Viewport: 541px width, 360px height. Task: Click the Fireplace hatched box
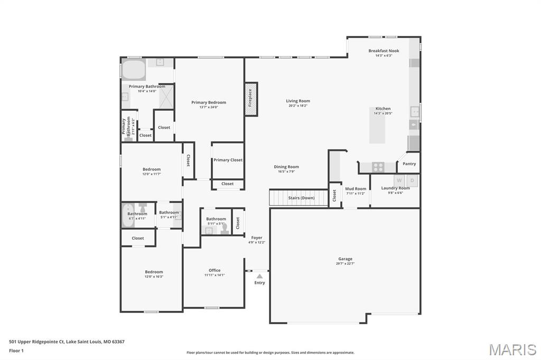click(251, 98)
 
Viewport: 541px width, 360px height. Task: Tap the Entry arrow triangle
click(259, 276)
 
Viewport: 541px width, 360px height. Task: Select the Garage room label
click(346, 259)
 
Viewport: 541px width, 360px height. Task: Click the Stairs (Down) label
click(301, 198)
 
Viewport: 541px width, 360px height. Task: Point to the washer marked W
click(399, 181)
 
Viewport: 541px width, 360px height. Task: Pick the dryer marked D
click(413, 181)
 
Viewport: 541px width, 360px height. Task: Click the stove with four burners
click(378, 167)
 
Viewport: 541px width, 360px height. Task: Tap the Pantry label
click(409, 164)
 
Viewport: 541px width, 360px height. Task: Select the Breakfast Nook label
click(384, 51)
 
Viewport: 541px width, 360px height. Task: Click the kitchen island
click(377, 125)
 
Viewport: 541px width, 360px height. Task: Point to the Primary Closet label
click(228, 160)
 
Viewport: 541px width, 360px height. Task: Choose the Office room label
click(214, 270)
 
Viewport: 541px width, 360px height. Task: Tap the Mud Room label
click(356, 188)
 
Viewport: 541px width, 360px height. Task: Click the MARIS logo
click(512, 349)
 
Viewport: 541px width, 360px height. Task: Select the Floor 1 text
click(17, 350)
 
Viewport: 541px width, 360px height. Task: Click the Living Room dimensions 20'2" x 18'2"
click(298, 106)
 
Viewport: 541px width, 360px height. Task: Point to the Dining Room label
click(286, 167)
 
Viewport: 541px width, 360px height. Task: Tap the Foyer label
click(257, 238)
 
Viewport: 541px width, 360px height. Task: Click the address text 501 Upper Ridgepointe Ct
click(37, 342)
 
